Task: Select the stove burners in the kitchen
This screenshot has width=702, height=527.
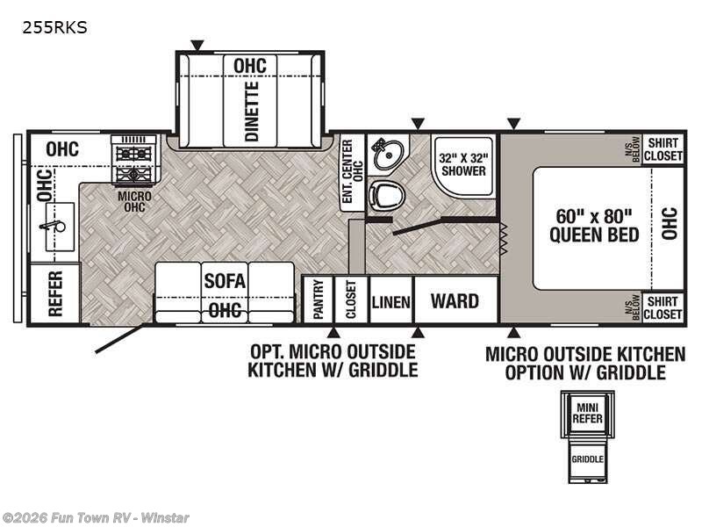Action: point(134,160)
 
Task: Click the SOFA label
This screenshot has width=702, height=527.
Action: point(226,281)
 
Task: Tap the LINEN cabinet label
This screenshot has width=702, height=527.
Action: point(390,302)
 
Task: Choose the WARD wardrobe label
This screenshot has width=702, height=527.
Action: point(455,301)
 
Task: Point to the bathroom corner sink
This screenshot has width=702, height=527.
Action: point(385,155)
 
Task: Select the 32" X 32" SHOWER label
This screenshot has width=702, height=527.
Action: point(462,164)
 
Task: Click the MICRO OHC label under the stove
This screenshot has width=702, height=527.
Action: point(135,201)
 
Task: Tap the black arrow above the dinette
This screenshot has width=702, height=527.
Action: point(197,44)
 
